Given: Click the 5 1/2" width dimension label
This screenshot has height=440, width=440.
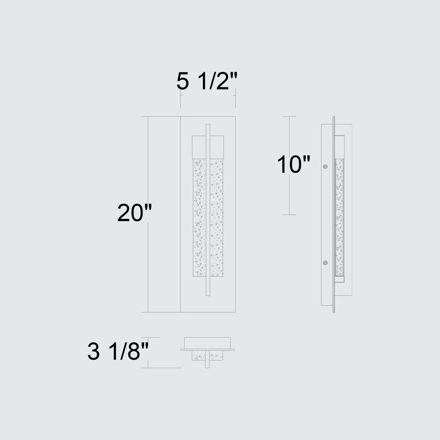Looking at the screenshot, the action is pos(207,81).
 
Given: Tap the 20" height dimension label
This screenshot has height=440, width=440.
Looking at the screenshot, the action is pos(135,213).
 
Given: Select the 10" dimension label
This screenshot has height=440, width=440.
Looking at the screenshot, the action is pos(294,164).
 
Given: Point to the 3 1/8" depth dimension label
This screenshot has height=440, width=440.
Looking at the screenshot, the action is pos(118,351).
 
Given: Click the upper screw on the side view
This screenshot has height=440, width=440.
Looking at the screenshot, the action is pos(325,167).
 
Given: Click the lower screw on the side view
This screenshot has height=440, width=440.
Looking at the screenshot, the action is pos(325,263).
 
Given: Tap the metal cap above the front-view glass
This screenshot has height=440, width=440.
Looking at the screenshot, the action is pos(208,147).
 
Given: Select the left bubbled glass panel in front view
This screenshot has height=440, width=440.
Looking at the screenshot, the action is pos(199,217).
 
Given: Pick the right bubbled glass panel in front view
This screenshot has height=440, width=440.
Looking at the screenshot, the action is pos(216,217).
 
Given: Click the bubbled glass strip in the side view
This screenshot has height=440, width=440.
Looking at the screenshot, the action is pos(339,217).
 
